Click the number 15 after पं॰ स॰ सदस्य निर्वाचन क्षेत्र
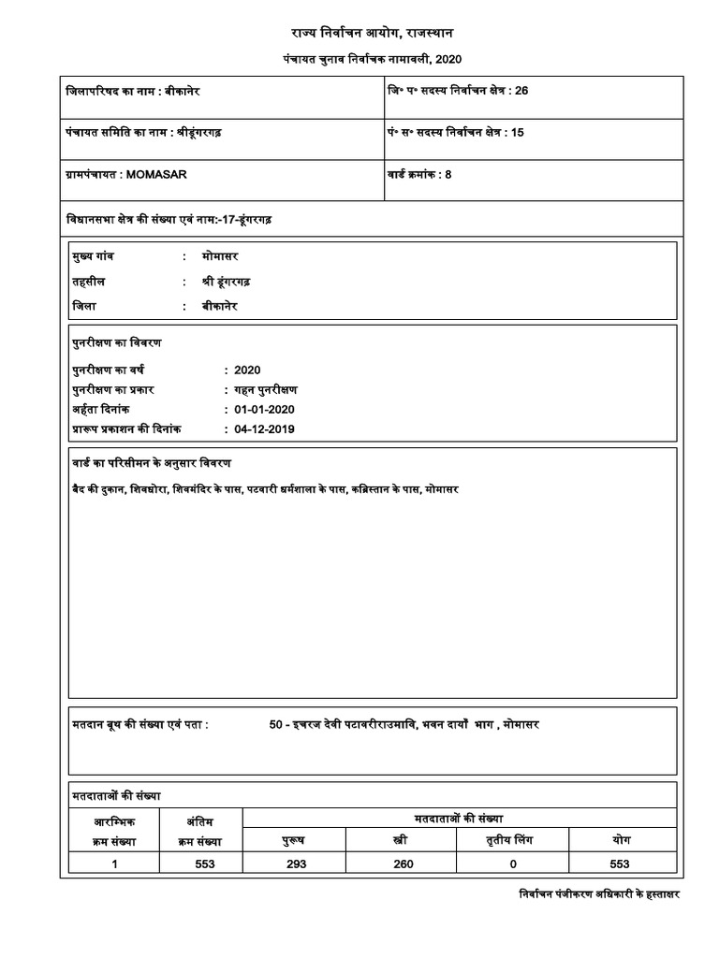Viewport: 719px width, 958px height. (x=518, y=132)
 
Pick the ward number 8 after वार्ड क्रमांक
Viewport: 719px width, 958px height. (x=448, y=174)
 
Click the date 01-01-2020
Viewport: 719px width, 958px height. (x=264, y=411)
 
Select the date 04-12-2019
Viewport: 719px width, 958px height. (x=264, y=428)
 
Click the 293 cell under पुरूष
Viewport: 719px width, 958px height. (x=297, y=864)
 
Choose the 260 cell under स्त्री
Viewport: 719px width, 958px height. (x=404, y=864)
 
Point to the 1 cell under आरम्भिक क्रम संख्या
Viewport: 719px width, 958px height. (x=114, y=864)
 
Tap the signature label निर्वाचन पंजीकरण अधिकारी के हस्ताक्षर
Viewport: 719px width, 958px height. (x=599, y=894)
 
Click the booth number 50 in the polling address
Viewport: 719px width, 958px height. (x=275, y=725)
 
